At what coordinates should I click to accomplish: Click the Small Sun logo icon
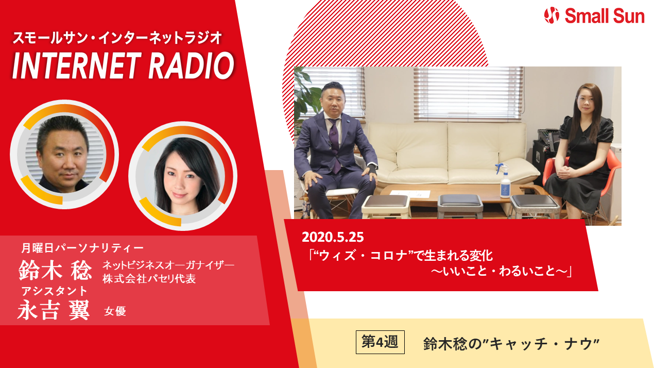tap(552, 15)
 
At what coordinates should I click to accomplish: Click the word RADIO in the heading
tap(191, 65)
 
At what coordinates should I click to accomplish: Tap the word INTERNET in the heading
tap(75, 65)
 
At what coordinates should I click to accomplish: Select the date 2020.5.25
tap(333, 237)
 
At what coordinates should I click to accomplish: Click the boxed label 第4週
tap(380, 342)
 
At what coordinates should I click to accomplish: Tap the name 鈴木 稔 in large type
tap(55, 270)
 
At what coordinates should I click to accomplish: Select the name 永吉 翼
tap(54, 310)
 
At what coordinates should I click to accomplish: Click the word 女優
tap(115, 311)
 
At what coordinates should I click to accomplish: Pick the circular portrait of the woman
tap(183, 176)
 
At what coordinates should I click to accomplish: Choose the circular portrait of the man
tap(64, 154)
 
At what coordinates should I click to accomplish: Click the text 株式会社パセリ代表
tap(149, 279)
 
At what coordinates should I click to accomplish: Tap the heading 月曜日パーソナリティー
tap(82, 248)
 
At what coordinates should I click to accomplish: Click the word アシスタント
tap(54, 291)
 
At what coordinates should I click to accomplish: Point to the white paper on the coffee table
tap(410, 194)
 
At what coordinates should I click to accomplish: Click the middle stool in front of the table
tap(460, 206)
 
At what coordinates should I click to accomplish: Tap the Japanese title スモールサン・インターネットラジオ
tap(117, 38)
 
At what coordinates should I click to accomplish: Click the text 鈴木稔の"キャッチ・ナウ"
tap(511, 343)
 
